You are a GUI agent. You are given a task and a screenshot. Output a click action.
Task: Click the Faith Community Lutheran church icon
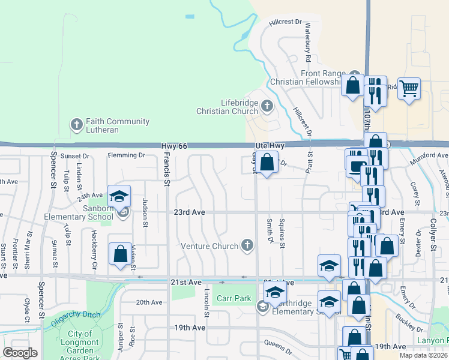click(76, 125)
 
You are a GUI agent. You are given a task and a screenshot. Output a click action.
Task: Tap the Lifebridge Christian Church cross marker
click(267, 107)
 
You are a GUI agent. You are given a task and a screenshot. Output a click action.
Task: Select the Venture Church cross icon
click(246, 245)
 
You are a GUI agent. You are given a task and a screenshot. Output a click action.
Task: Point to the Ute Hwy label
click(269, 146)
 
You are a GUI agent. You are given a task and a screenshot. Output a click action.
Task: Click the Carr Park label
click(234, 298)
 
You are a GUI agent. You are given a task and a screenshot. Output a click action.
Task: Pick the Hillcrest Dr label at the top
click(286, 22)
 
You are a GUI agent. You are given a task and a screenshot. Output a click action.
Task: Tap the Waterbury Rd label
click(308, 44)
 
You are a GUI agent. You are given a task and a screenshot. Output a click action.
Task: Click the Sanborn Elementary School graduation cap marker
click(119, 196)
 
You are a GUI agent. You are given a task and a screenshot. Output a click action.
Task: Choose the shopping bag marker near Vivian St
click(120, 253)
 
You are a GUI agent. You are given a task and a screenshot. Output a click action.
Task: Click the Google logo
click(20, 352)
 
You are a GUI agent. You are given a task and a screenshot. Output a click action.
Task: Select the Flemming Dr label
click(127, 155)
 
